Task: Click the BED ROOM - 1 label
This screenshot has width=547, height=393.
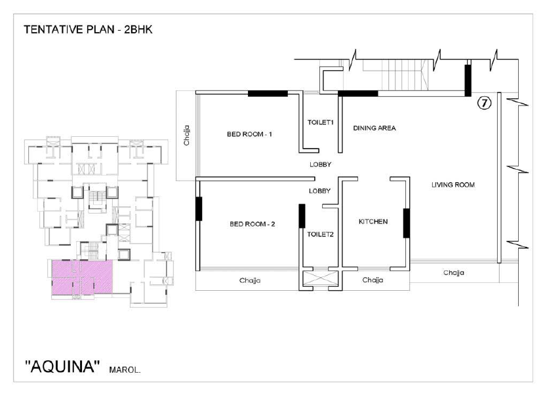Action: point(249,134)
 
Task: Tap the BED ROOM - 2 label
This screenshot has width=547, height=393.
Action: point(252,224)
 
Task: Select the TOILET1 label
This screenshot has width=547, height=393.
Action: point(321,122)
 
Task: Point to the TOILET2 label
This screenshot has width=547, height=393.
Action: point(320,234)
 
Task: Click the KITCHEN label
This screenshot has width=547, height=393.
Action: point(373,221)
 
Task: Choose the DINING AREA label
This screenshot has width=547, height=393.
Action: point(375,128)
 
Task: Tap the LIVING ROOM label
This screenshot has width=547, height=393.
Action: point(453,185)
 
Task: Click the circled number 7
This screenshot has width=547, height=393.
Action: point(484,103)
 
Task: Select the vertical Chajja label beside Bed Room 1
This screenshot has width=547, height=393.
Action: point(187,136)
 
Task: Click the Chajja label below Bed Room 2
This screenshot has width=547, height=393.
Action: point(250,280)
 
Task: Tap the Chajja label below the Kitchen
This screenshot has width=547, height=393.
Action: point(373,280)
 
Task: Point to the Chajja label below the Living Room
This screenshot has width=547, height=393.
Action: point(453,272)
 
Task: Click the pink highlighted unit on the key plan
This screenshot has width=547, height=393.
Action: point(83,277)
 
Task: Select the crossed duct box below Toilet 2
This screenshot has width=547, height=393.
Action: point(320,278)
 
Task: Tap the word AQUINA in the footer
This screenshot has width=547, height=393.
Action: point(62,367)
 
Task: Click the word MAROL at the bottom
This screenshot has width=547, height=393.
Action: point(125,369)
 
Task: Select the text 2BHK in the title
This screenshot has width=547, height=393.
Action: point(138,29)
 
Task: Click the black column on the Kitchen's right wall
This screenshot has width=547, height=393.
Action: point(407,223)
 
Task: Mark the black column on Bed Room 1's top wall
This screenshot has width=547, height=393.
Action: point(268,94)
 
